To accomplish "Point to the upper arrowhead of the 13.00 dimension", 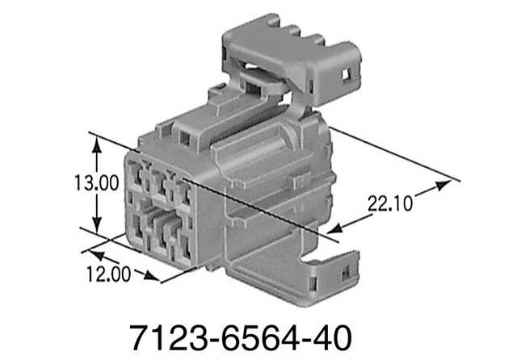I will (x=98, y=143).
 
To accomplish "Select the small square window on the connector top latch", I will (x=187, y=138).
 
